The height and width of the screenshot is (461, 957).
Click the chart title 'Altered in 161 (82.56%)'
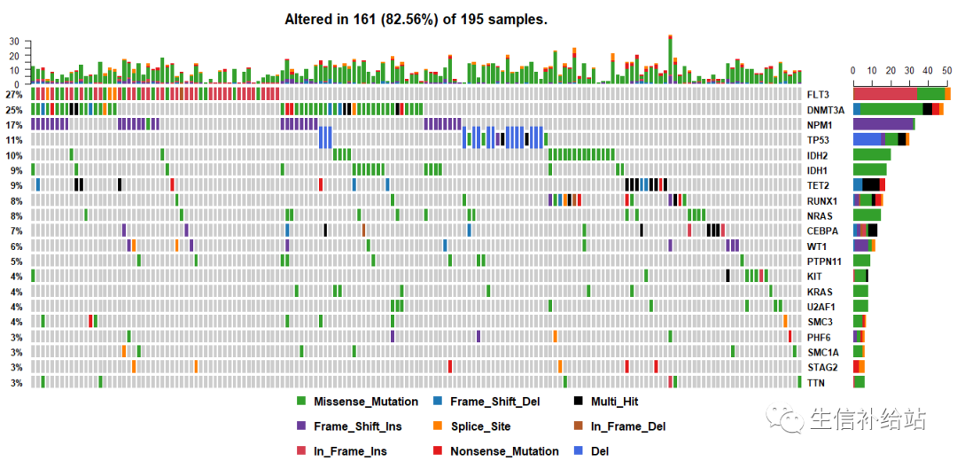click(416, 19)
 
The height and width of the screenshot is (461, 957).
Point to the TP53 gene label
click(818, 140)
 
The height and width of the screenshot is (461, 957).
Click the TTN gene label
click(815, 383)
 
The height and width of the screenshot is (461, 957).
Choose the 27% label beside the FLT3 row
click(13, 94)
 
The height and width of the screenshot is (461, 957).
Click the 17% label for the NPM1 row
click(13, 125)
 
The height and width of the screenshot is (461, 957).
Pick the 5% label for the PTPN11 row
click(16, 262)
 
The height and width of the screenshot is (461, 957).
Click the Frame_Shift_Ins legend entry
click(357, 426)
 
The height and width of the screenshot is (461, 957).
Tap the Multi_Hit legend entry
click(618, 402)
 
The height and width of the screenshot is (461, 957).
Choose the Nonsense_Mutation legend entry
click(504, 451)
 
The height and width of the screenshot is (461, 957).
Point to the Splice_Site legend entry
click(480, 426)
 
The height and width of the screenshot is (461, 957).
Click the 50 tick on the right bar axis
click(947, 70)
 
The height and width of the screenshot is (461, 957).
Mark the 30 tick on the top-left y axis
click(13, 42)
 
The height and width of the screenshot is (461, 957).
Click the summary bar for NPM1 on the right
click(883, 124)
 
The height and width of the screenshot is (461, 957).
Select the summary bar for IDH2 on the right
click(872, 154)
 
